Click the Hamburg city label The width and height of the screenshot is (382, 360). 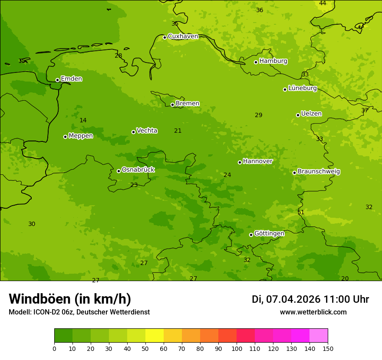(x=273, y=61)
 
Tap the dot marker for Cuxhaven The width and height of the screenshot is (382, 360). (x=165, y=37)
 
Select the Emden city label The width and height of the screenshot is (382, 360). (x=71, y=79)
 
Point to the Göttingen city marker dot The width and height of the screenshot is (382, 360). (x=251, y=235)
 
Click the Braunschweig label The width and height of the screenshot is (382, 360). (x=319, y=172)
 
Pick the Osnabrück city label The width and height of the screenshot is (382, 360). (x=138, y=170)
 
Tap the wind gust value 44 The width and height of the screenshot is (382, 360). (x=323, y=3)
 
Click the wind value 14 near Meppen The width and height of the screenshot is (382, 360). (x=83, y=120)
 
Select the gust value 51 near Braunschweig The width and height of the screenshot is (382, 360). (x=301, y=212)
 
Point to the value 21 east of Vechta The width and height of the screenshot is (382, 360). (x=178, y=131)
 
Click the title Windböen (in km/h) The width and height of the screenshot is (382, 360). (x=70, y=299)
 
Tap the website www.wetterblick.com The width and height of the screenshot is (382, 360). (x=313, y=312)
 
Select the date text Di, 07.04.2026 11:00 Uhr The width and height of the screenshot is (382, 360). (x=310, y=299)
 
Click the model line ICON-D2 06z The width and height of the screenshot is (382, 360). (x=79, y=312)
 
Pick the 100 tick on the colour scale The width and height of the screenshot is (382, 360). (x=237, y=348)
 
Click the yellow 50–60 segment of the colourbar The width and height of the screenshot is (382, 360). (x=155, y=336)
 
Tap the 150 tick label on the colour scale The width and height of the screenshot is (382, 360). (x=328, y=348)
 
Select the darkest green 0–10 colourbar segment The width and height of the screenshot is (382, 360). (x=63, y=336)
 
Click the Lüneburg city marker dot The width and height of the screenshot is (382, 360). (x=285, y=89)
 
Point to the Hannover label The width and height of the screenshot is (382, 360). (x=257, y=161)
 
